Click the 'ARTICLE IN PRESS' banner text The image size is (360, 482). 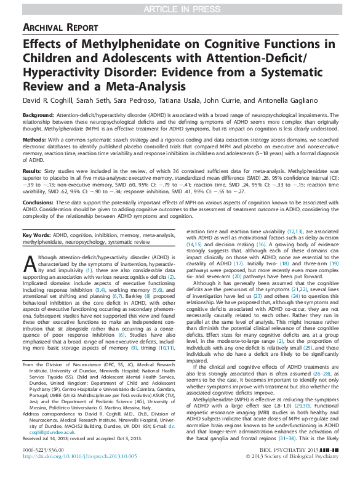point(180,7)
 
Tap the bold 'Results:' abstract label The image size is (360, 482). point(33,171)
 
